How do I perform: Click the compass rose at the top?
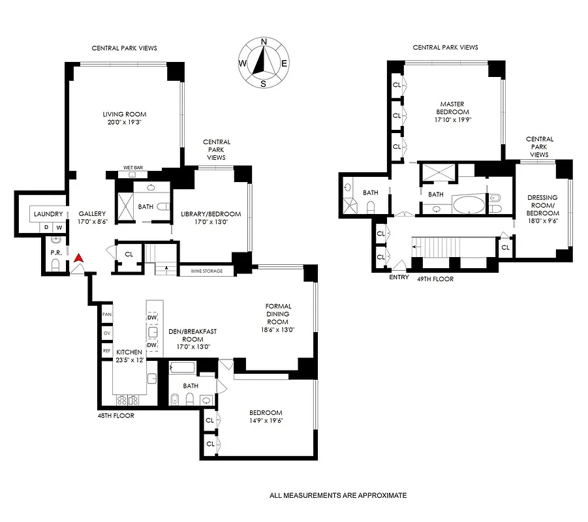[264, 63]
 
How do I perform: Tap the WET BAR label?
[134, 168]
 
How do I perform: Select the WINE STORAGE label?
[207, 271]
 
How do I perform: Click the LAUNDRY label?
[48, 214]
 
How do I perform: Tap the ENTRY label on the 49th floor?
[399, 277]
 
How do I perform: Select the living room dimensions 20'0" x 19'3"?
[123, 122]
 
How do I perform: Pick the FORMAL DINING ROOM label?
[278, 314]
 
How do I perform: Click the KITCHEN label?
[129, 352]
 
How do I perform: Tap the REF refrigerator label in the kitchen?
[107, 350]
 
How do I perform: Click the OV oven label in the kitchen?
[107, 333]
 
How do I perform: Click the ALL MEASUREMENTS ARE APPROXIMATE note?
[338, 495]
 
